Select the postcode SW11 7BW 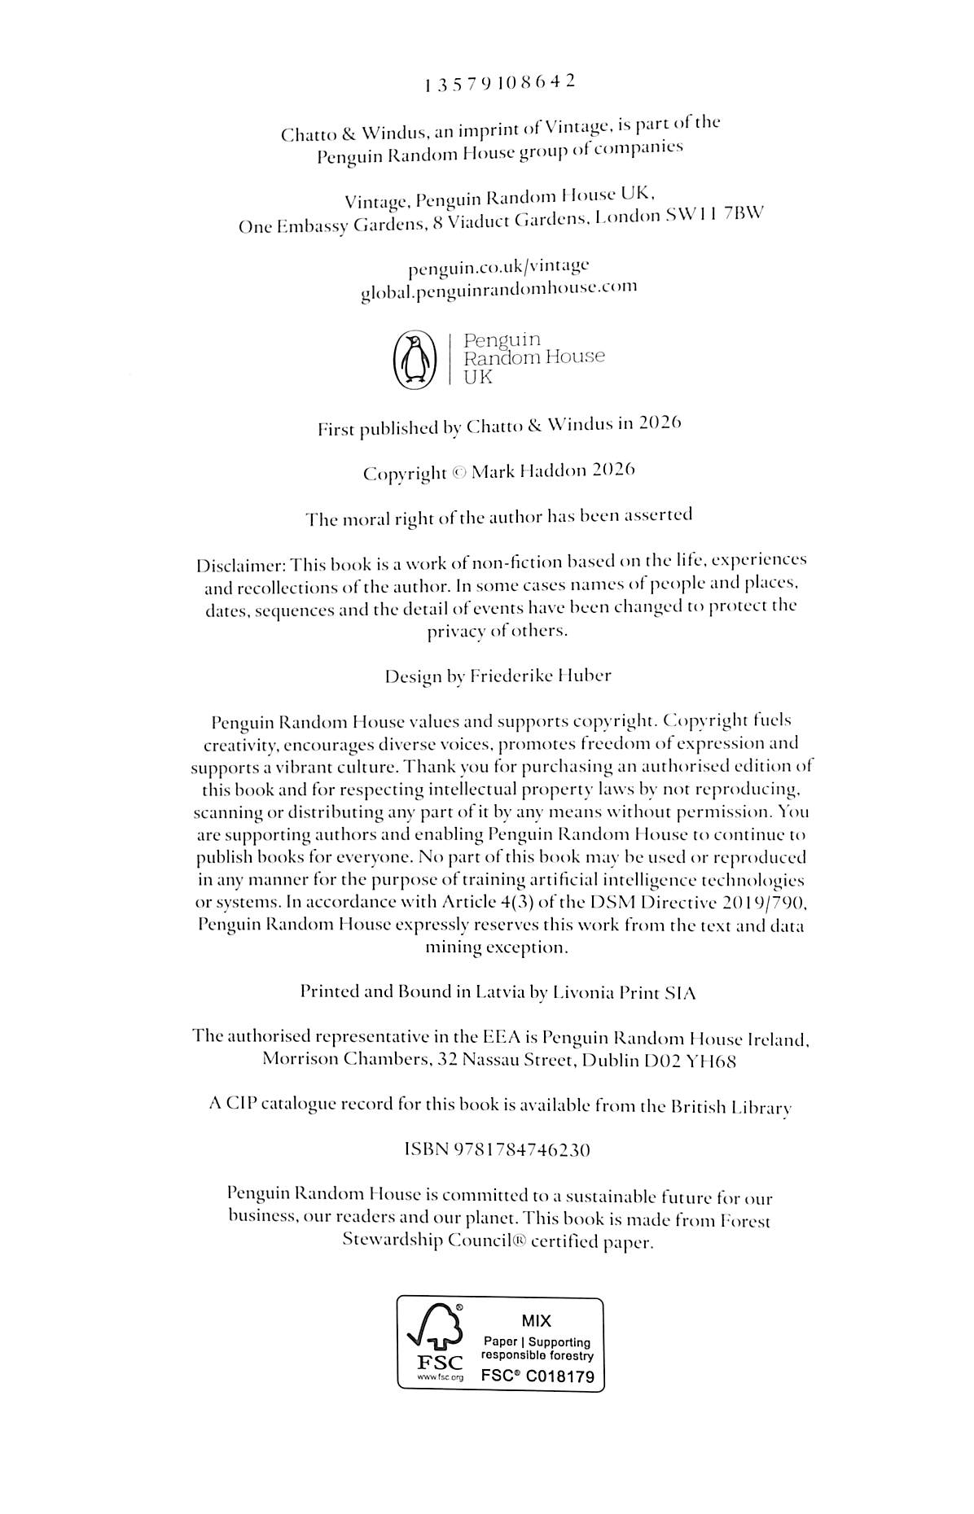[716, 217]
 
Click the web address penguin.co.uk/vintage [498, 265]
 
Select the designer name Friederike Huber [541, 676]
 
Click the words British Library [730, 1107]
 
